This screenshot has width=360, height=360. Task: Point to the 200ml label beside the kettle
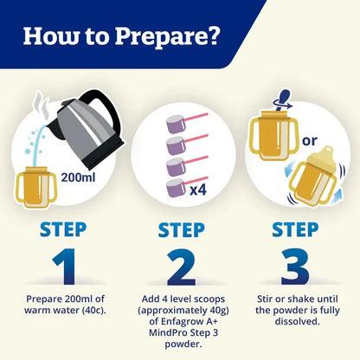[x=78, y=177]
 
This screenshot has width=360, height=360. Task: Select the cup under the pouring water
[x=36, y=187]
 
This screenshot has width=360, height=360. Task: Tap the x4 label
[x=198, y=190]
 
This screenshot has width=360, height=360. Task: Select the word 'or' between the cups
[x=310, y=141]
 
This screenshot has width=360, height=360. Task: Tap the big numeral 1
[x=65, y=267]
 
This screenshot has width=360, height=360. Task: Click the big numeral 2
[x=181, y=267]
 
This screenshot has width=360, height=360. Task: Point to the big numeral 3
[x=295, y=267]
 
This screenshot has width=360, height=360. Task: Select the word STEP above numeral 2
[x=182, y=230]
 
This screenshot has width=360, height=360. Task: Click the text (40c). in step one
[x=93, y=311]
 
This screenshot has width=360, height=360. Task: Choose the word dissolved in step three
[x=298, y=321]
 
